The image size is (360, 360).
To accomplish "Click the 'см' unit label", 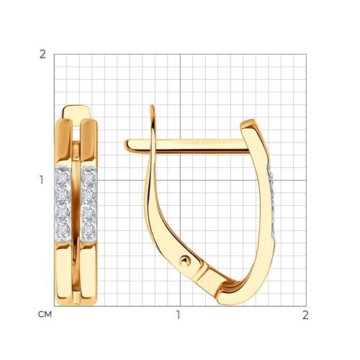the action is click(x=45, y=315).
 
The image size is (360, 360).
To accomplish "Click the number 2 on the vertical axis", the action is click(x=42, y=55).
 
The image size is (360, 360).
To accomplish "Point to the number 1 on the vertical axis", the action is click(x=42, y=180).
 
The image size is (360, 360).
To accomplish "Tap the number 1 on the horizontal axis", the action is click(x=178, y=315).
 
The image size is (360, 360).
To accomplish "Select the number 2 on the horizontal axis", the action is click(x=305, y=315).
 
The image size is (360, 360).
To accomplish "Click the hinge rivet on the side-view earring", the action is click(x=185, y=261).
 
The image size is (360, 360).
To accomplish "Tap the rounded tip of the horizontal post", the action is click(x=127, y=145).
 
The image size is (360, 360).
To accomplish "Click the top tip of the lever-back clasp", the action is click(x=152, y=107).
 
